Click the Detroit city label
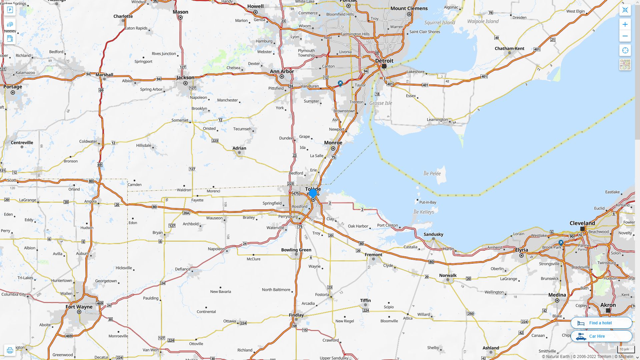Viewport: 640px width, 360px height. [384, 61]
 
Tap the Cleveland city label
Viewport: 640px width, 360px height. [582, 223]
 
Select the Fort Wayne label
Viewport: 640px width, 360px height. [79, 307]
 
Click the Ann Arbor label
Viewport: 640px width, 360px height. [282, 71]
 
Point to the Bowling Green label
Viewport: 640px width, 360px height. [296, 250]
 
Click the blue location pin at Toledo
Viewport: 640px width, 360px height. [313, 193]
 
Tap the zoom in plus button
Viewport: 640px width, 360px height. [625, 24]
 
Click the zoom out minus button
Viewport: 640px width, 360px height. [625, 36]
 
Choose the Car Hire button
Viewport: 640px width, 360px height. [601, 336]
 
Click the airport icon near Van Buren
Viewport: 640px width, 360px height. [340, 83]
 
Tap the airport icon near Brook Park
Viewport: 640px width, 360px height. [561, 243]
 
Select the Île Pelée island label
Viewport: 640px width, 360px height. [432, 173]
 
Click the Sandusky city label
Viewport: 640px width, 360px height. [433, 234]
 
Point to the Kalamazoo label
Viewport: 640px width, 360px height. [25, 72]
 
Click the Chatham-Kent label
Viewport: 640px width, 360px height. [509, 48]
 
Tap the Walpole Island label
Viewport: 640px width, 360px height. [483, 21]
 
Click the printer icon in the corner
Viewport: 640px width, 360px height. [10, 350]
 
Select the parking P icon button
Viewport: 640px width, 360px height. [10, 10]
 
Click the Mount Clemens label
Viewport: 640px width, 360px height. [409, 8]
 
